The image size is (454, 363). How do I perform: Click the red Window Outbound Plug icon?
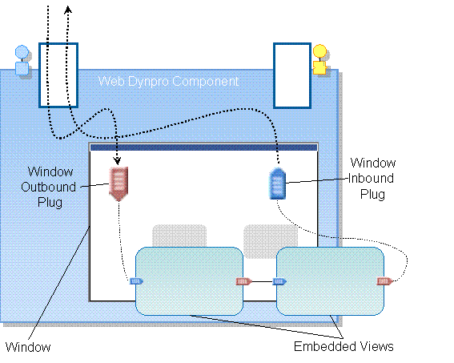click(119, 183)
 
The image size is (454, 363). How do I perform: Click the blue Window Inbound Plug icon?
click(276, 184)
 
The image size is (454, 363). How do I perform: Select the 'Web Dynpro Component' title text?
click(168, 81)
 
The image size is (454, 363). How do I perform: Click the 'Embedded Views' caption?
click(344, 347)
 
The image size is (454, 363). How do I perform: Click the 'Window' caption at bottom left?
click(28, 347)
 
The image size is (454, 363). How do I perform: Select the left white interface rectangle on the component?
click(58, 75)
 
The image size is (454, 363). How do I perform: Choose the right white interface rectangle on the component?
click(292, 75)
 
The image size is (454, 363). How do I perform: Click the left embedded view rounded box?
click(189, 280)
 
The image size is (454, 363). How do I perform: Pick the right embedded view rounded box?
click(330, 280)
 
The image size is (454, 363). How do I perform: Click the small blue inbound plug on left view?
click(136, 281)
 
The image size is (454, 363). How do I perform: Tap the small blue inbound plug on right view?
click(279, 281)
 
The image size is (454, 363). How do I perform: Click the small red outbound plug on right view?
click(384, 281)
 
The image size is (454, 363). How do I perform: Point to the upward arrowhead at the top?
click(68, 10)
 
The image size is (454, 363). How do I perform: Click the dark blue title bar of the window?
click(203, 147)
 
